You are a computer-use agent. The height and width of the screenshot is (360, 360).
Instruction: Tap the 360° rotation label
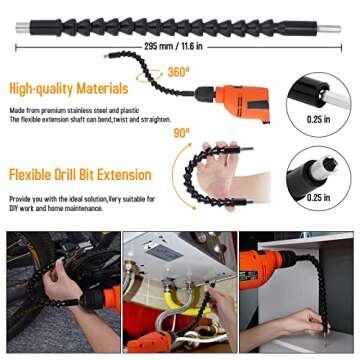click(x=179, y=73)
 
